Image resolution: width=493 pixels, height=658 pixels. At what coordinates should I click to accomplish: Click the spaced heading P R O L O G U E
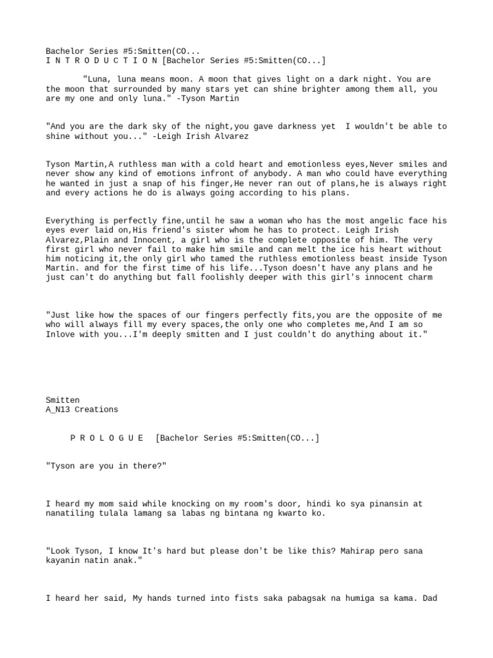point(107,438)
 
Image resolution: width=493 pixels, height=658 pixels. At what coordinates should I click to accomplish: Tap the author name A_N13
point(58,409)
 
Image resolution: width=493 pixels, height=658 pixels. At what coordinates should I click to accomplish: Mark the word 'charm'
point(419,278)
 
